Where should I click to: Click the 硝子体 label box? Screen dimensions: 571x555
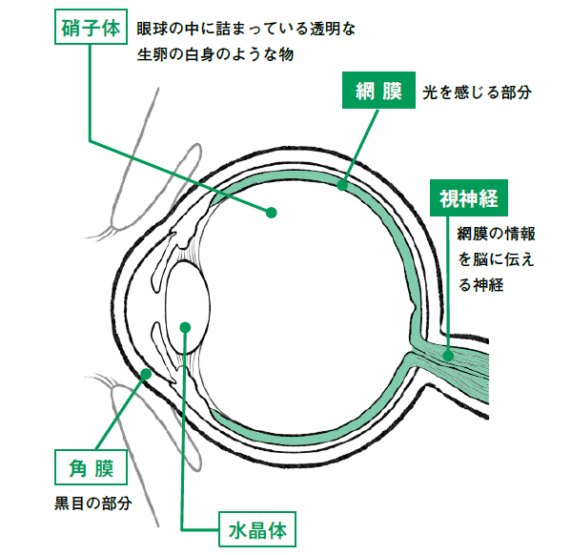[91, 27]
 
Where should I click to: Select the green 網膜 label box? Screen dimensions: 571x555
[378, 90]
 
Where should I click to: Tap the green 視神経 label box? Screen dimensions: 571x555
[469, 198]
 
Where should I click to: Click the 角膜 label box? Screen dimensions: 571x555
[91, 467]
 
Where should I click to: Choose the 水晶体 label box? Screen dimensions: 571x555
[257, 529]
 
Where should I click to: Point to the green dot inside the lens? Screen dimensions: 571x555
[185, 327]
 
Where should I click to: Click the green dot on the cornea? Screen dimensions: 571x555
[146, 374]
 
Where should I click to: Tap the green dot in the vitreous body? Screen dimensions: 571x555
[271, 213]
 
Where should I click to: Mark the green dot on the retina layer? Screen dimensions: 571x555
[341, 185]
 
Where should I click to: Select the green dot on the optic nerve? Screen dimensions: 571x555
[448, 356]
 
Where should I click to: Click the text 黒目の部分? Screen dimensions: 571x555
[92, 504]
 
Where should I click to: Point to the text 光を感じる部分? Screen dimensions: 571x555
[477, 92]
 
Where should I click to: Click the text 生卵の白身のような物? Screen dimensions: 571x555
[215, 54]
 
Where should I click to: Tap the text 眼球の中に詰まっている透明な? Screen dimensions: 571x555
[246, 29]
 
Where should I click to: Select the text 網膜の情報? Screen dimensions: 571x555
[496, 234]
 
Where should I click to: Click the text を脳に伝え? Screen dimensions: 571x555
[496, 259]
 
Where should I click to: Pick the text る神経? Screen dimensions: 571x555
[481, 284]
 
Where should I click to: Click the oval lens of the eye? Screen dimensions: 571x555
[188, 307]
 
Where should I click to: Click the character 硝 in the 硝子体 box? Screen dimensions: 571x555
[71, 28]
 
